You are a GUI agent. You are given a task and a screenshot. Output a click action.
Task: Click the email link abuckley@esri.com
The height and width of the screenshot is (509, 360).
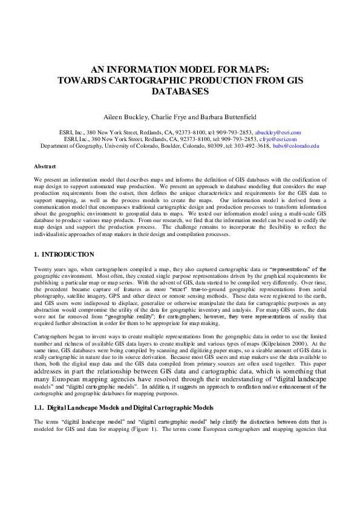278,132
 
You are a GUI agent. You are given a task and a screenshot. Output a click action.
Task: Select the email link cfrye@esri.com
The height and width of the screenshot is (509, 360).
276,139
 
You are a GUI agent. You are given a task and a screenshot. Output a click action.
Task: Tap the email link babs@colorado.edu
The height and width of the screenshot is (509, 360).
296,146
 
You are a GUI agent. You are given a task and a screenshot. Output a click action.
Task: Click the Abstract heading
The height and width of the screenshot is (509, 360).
45,166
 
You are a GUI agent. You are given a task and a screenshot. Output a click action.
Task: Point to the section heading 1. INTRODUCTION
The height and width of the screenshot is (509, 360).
64,254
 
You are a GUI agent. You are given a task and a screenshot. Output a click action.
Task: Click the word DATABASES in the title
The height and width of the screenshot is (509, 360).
180,91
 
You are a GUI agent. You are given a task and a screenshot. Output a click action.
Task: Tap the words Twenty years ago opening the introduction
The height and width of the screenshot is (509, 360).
55,269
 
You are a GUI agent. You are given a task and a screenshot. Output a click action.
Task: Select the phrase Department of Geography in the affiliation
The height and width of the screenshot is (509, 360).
70,146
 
